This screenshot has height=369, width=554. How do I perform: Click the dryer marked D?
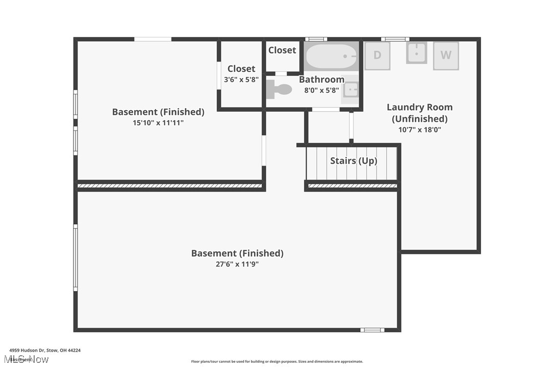click(x=377, y=55)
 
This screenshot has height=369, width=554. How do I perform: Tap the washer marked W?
click(x=446, y=55)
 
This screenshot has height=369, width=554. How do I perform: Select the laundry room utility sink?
click(x=416, y=52)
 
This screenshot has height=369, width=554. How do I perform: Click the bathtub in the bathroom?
click(x=331, y=56)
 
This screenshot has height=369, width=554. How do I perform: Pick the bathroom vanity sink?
click(x=351, y=90)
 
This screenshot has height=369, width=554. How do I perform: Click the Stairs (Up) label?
click(x=354, y=161)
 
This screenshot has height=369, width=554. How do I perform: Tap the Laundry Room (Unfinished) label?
click(x=419, y=113)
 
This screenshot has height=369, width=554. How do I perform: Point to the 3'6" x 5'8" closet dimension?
click(x=241, y=80)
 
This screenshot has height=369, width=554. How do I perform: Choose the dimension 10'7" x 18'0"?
click(x=420, y=129)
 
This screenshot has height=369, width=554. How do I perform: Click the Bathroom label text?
click(x=321, y=80)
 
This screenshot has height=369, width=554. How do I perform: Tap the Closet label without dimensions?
click(x=282, y=50)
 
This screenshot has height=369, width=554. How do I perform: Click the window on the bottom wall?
click(x=372, y=330)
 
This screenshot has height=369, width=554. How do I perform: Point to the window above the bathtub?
click(x=316, y=39)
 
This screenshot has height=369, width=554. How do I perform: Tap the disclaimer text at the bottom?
click(x=277, y=361)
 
